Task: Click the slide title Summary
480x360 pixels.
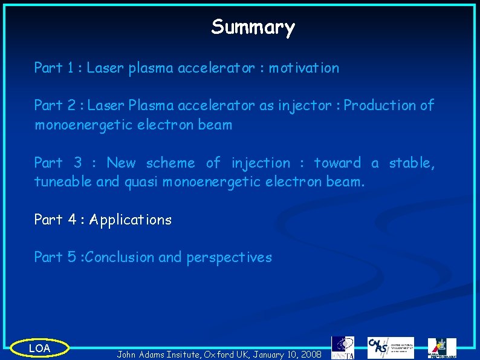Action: (253, 27)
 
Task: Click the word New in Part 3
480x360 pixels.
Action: (121, 163)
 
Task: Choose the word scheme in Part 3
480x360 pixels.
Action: (170, 163)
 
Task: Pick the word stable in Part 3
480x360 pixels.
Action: (412, 163)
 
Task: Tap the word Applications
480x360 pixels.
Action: (131, 220)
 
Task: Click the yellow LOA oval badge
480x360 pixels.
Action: (39, 348)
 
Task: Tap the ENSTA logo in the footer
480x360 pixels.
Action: (343, 347)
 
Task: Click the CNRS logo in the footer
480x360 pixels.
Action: (391, 347)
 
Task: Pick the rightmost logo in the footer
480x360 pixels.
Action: (443, 347)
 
